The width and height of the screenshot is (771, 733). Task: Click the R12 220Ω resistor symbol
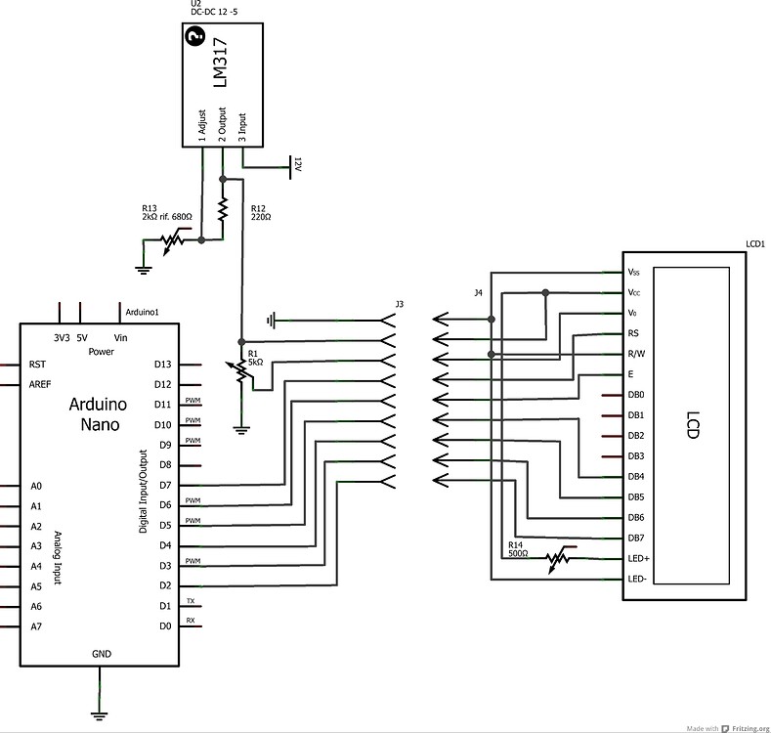[224, 209]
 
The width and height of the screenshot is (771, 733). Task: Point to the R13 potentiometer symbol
[175, 238]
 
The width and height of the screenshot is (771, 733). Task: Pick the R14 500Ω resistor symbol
[557, 558]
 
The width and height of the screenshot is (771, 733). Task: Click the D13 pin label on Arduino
[163, 364]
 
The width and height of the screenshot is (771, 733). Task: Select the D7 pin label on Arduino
[163, 485]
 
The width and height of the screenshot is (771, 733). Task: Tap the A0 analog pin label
[36, 485]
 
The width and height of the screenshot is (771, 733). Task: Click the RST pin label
[38, 364]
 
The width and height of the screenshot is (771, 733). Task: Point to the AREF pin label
[41, 384]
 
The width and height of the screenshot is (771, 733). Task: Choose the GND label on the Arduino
[102, 653]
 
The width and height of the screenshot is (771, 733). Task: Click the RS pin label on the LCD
[634, 333]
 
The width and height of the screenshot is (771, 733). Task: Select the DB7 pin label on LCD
[636, 538]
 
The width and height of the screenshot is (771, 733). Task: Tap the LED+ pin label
[638, 558]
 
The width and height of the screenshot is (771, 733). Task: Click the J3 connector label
[399, 305]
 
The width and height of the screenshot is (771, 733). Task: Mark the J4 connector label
[478, 291]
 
